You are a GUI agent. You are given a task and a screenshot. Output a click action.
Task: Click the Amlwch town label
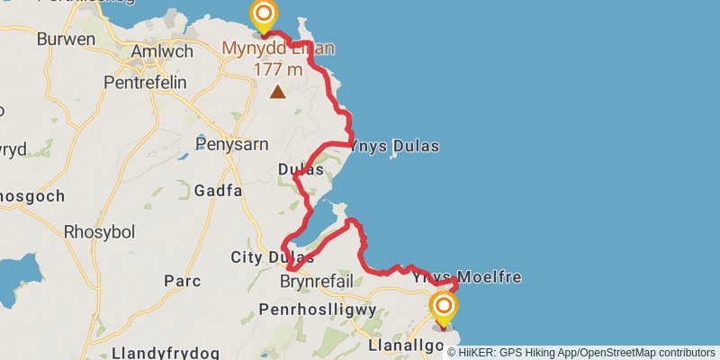tap(162, 51)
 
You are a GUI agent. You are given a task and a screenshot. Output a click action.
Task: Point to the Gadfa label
tap(218, 190)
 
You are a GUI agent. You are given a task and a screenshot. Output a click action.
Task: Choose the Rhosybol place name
tap(99, 231)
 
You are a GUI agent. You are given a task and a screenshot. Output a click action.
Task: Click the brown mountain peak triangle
tap(278, 91)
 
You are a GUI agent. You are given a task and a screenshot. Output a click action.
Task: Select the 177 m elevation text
tap(278, 69)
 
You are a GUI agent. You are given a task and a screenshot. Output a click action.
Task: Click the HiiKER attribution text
tap(581, 352)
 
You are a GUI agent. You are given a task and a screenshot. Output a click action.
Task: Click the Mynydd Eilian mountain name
tap(278, 48)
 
